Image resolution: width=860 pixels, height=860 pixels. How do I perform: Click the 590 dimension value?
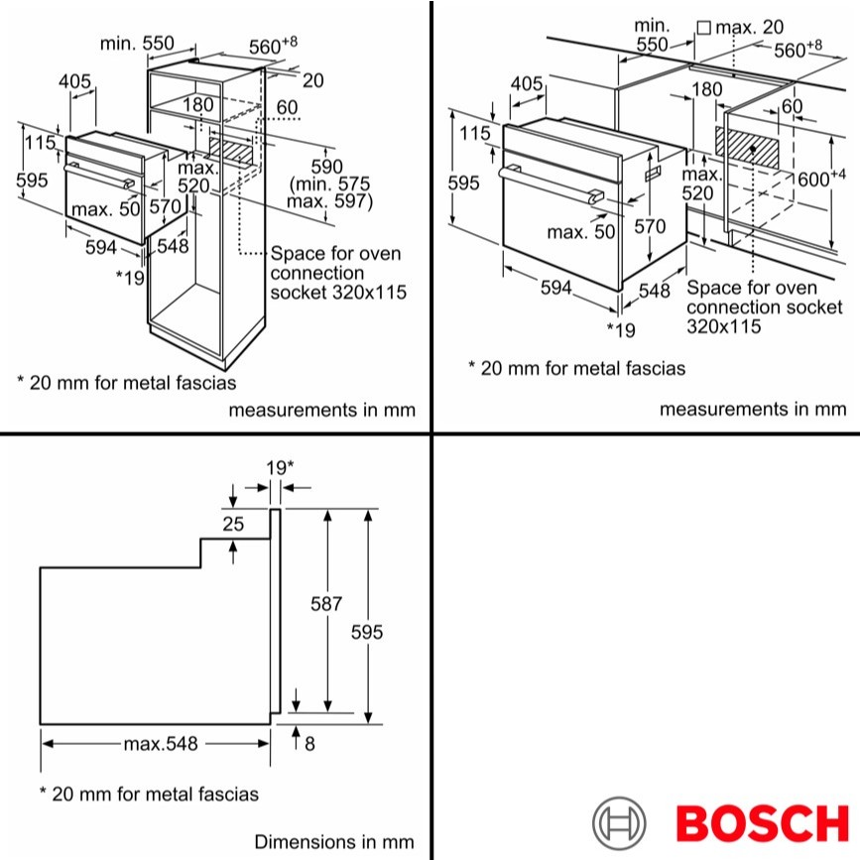[327, 167]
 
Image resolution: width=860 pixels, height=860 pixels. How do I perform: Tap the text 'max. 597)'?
[329, 201]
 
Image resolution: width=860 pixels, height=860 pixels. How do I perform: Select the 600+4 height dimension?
[821, 179]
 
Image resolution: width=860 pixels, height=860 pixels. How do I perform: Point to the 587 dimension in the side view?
[325, 604]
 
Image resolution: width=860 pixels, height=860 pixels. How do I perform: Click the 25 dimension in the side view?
[233, 524]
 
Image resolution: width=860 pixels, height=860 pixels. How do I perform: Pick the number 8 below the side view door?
[309, 744]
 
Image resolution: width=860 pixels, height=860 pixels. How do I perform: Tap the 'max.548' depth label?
[160, 744]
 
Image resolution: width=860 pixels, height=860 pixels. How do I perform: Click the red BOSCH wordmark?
[762, 823]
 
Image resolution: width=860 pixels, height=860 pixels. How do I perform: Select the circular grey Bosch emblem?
[619, 823]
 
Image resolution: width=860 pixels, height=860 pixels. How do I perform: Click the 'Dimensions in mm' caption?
[334, 841]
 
